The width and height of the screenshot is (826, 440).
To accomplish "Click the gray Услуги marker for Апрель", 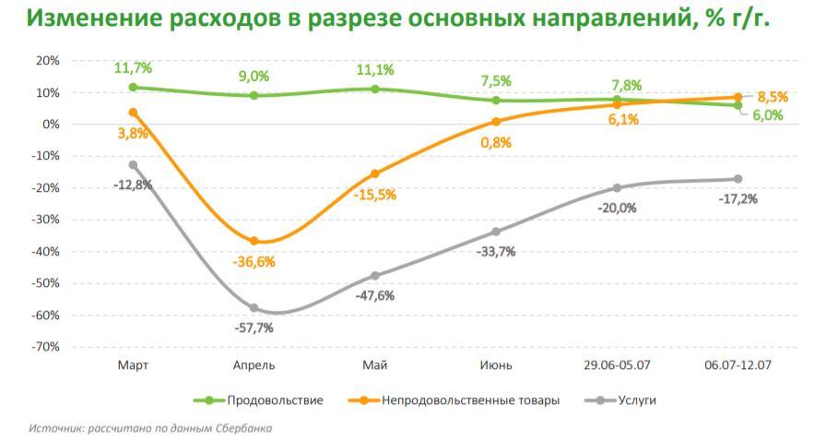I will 254,308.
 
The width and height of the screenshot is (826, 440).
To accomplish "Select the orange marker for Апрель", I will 254,241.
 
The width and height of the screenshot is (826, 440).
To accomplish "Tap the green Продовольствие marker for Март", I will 133,88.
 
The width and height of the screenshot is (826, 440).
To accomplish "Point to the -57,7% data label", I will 254,327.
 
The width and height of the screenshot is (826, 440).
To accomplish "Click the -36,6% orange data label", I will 254,262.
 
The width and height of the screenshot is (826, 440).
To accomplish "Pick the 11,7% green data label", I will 133,68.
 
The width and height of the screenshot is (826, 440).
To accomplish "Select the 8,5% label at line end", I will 773,96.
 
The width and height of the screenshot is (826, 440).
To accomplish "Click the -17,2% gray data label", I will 737,198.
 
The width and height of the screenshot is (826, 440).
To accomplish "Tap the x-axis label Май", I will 374,365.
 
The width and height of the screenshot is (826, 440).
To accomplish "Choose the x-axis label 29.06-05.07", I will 617,365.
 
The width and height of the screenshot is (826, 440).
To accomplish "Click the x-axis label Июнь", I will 496,365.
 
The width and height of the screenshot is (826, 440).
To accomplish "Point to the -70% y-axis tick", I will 46,347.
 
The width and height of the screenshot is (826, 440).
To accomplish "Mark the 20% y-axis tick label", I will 47,61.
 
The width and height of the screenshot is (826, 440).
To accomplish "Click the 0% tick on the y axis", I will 51,125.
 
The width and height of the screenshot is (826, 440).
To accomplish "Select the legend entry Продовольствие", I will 275,400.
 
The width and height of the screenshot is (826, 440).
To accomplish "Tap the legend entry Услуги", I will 638,400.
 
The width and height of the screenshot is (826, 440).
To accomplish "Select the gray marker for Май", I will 374,276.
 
